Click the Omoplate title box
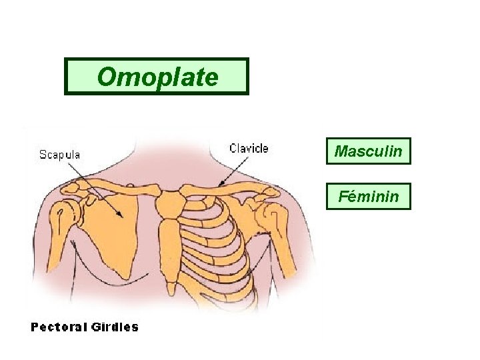(156, 77)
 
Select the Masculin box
(368, 151)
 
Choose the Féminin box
(368, 196)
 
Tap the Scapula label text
(59, 155)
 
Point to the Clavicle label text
(249, 148)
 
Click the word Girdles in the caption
(117, 327)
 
